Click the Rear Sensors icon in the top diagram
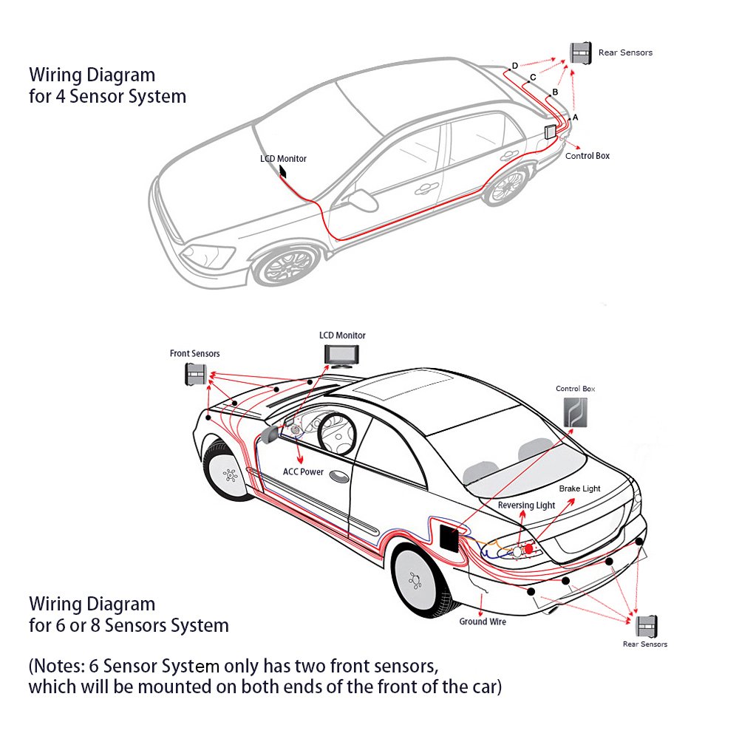pos(581,53)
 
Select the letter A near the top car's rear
pos(575,118)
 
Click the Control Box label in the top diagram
pos(588,156)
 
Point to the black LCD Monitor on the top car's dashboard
pos(282,171)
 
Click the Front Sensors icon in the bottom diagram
pos(195,375)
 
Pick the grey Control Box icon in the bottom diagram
pos(576,412)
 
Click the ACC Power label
pos(303,471)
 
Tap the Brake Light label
pos(579,488)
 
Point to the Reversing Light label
pos(526,505)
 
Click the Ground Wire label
pos(483,621)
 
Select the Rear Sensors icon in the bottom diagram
pos(648,626)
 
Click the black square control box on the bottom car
pos(447,535)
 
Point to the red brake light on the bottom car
pos(529,550)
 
